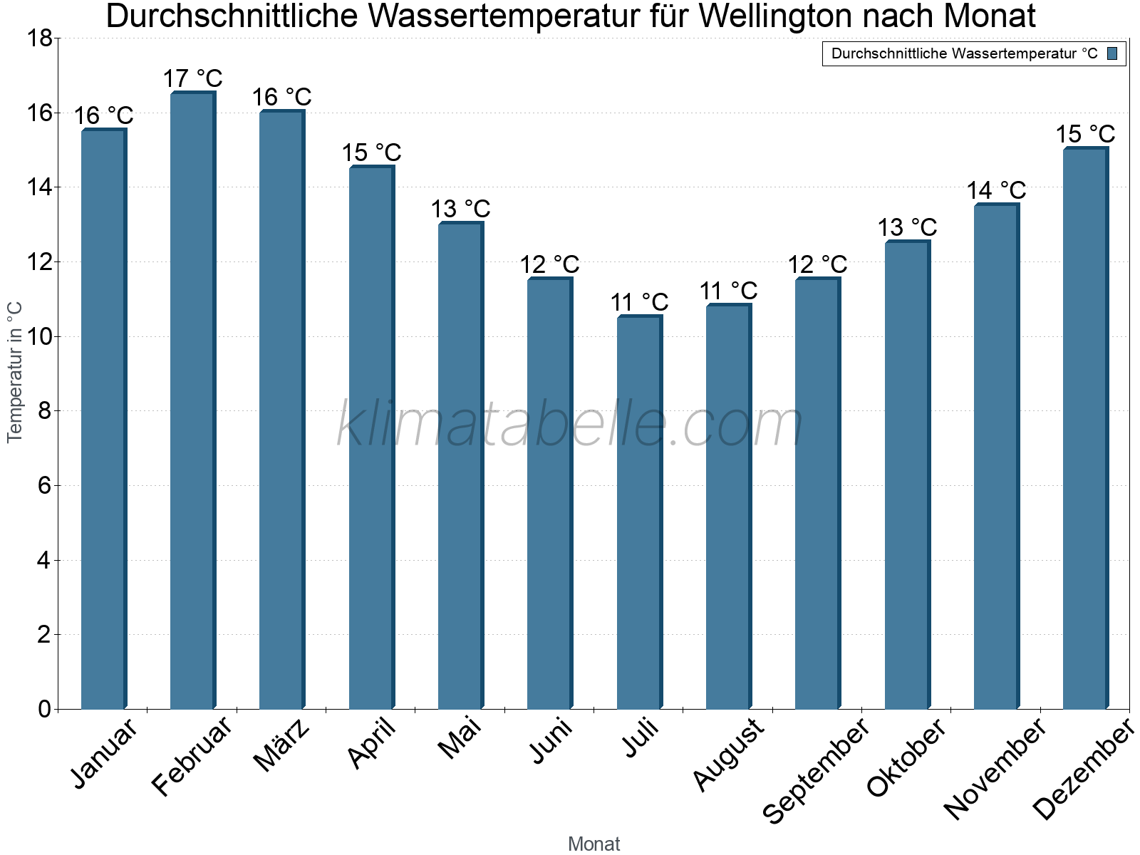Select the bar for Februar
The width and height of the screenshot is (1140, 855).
coord(192,399)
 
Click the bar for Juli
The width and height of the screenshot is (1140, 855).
coord(639,513)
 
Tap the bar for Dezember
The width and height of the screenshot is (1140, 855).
coord(1085,427)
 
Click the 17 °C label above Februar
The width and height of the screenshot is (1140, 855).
coord(192,78)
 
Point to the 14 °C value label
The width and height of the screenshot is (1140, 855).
coord(996,190)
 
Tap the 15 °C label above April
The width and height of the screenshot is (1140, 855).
coord(371,152)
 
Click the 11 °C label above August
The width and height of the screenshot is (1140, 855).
coord(728,291)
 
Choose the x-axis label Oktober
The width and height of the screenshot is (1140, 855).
coord(906,758)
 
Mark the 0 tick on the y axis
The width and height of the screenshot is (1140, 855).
coord(44,709)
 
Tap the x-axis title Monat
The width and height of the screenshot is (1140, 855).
coord(594,844)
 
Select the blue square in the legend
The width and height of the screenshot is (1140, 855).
coord(1112,53)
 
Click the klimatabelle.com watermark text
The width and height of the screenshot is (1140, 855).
coord(570,425)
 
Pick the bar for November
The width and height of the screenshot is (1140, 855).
coord(996,456)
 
